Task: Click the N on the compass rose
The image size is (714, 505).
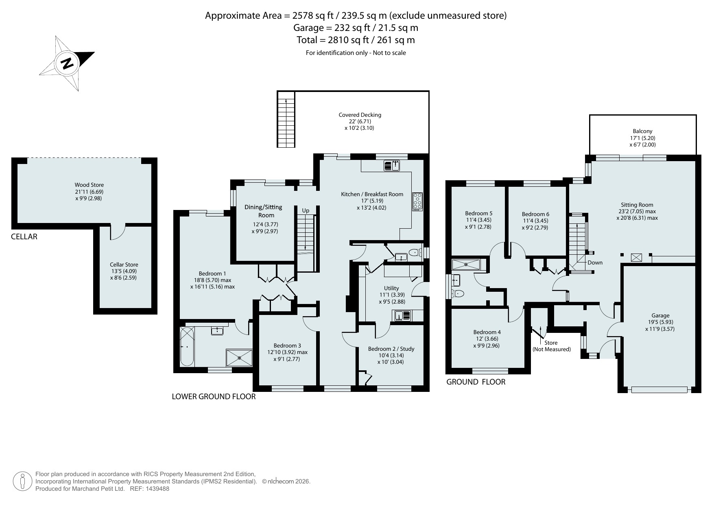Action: click(67, 63)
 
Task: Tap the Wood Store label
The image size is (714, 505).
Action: click(89, 185)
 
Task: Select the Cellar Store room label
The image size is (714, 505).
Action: click(124, 265)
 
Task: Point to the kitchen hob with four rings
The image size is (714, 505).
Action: click(417, 202)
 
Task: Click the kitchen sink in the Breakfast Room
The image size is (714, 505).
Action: click(393, 165)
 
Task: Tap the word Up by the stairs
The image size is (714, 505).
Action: click(306, 210)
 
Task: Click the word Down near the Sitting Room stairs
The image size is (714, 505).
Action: click(595, 262)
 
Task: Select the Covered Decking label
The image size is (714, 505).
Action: click(360, 115)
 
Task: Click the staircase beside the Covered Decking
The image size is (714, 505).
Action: click(286, 119)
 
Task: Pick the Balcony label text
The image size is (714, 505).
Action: click(643, 131)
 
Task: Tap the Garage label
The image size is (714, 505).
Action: click(660, 315)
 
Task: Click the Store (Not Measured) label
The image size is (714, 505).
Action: click(552, 346)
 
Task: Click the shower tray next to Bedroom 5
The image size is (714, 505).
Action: click(466, 265)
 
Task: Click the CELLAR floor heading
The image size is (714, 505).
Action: click(24, 236)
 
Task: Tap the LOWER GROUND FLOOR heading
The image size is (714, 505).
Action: click(214, 396)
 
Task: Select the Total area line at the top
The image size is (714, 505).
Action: click(356, 40)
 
